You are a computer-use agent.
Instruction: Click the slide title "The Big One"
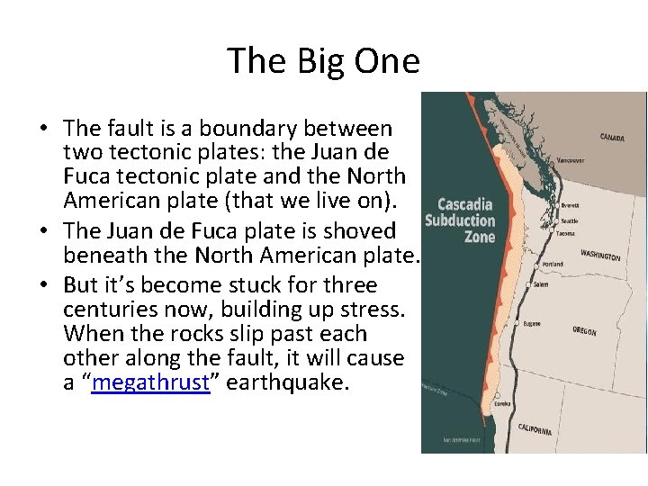click(323, 61)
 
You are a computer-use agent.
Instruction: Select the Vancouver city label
click(570, 160)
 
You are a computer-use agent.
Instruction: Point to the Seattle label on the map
click(570, 220)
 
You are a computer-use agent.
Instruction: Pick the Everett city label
click(571, 205)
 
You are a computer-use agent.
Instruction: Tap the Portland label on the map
click(554, 265)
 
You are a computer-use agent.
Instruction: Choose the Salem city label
click(541, 284)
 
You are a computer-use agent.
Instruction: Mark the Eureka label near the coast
click(502, 404)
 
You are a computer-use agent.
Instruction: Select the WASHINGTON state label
click(600, 256)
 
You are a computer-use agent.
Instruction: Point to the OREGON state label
click(584, 331)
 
